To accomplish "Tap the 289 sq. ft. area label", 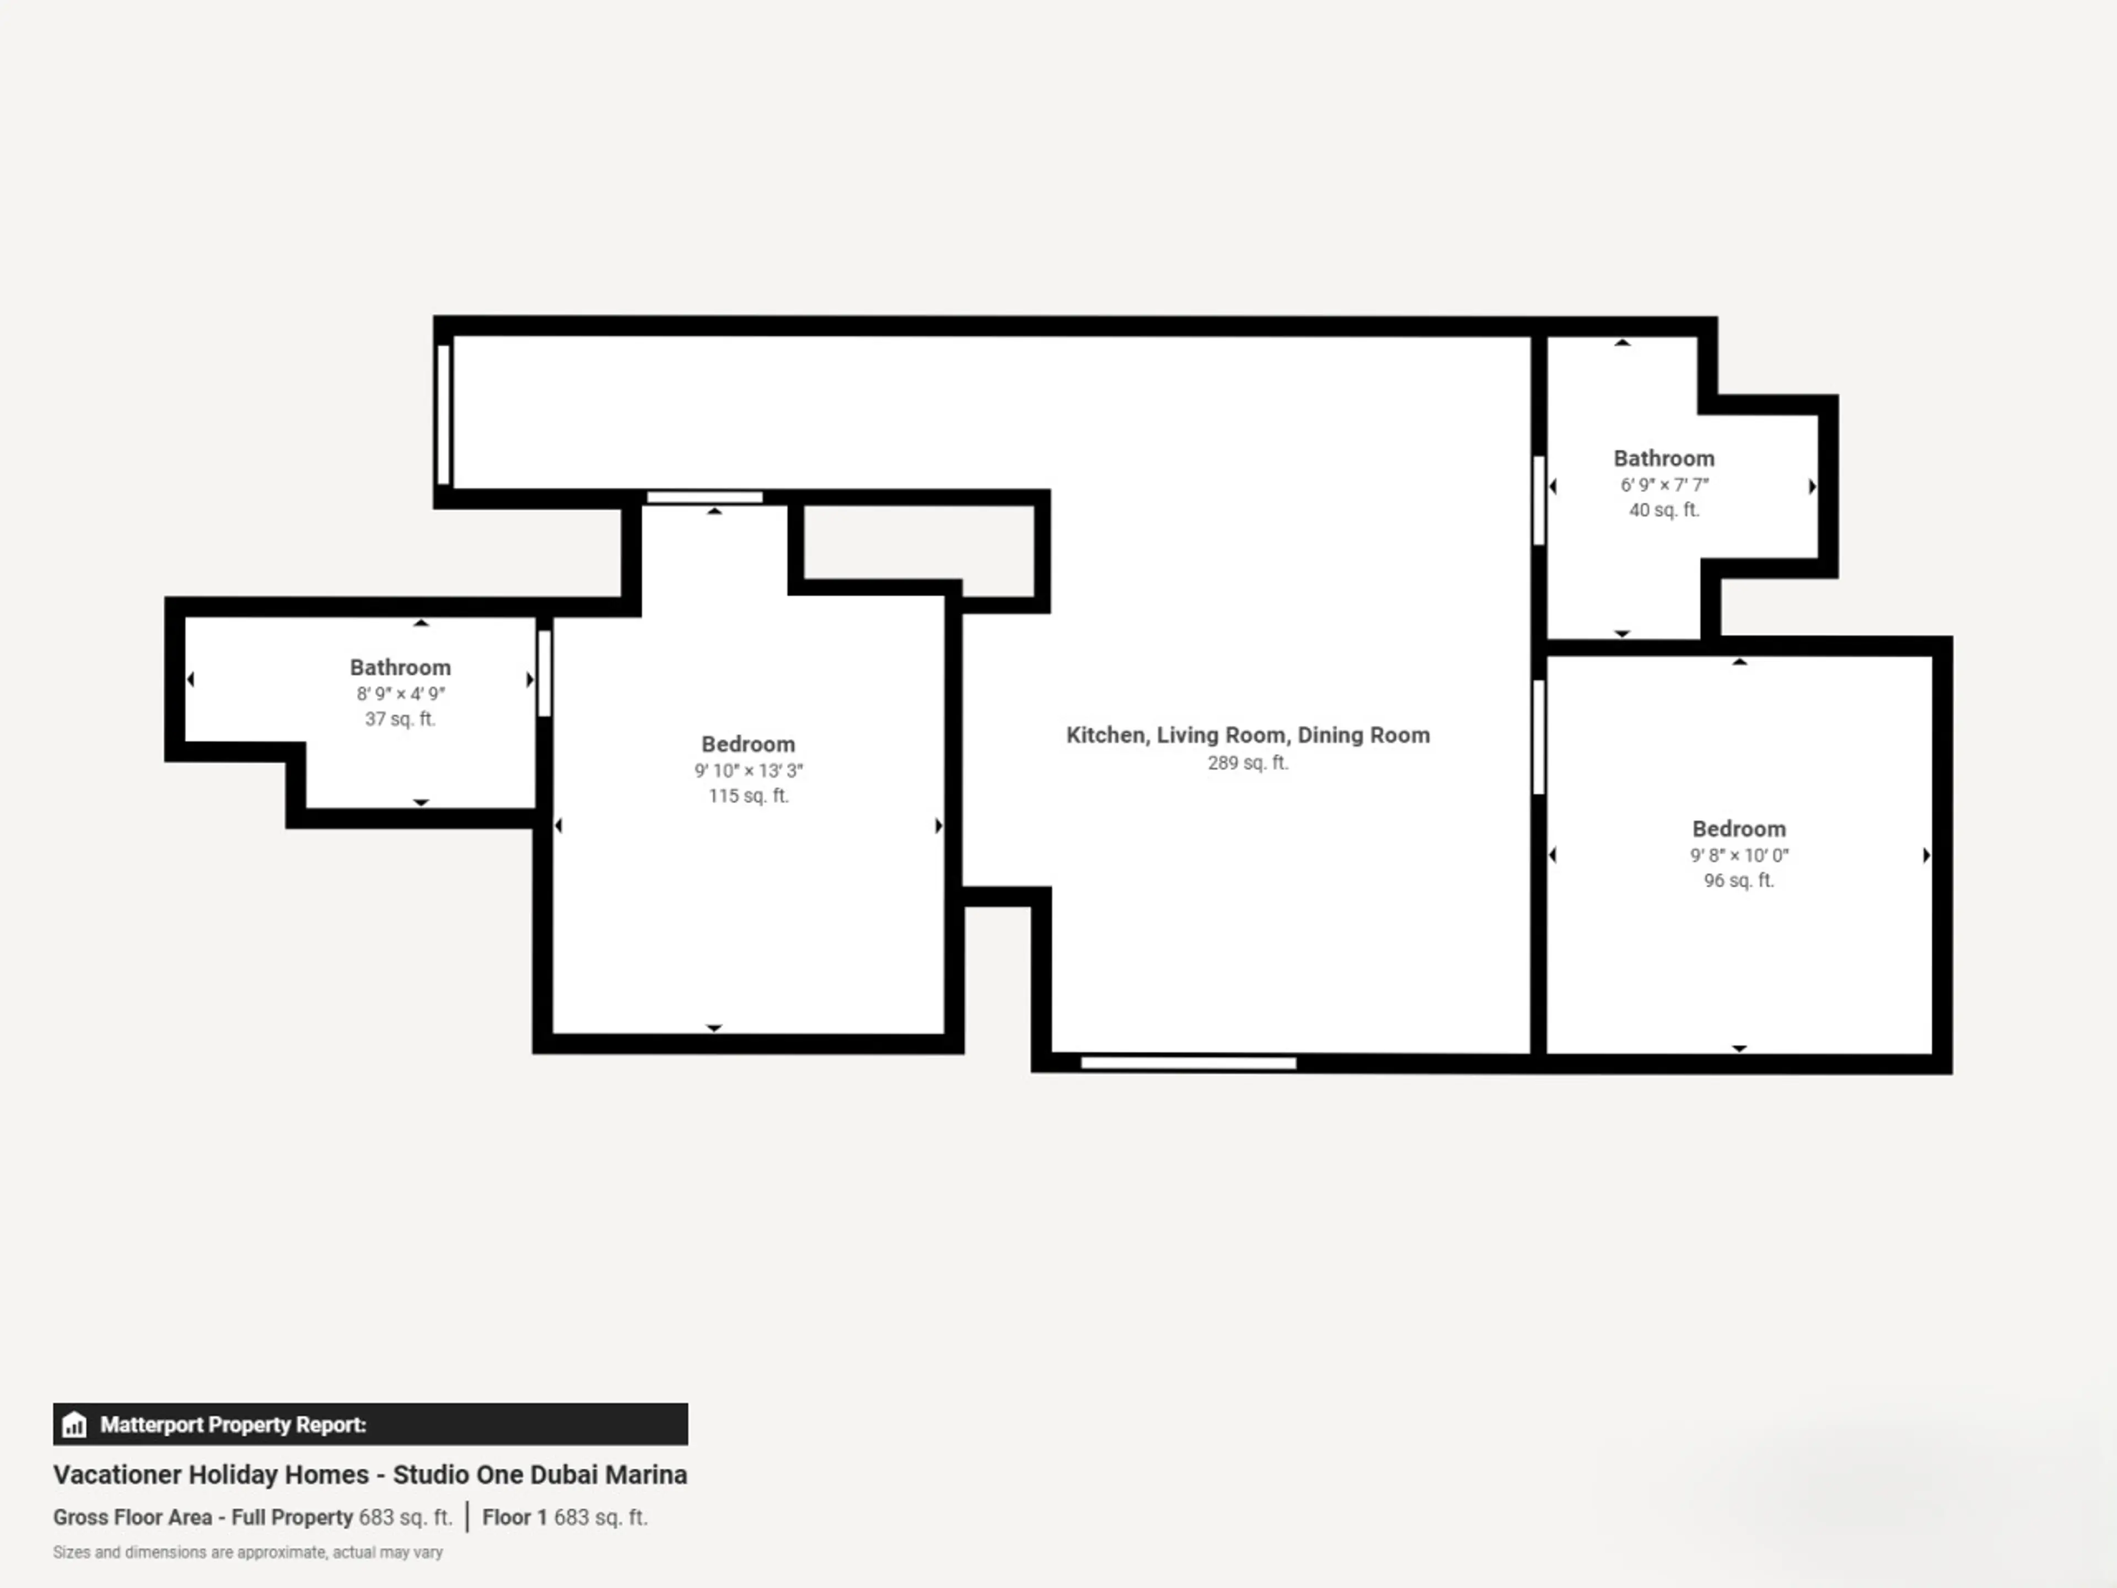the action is pyautogui.click(x=1248, y=763).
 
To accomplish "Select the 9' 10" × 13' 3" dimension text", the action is pyautogui.click(x=749, y=770).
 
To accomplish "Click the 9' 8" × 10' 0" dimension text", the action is pyautogui.click(x=1739, y=856).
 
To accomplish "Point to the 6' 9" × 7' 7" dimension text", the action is pyautogui.click(x=1664, y=485).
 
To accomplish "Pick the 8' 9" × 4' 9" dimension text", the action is pyautogui.click(x=400, y=694).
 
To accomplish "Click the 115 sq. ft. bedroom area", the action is pyautogui.click(x=749, y=796).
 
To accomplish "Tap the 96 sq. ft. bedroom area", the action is pyautogui.click(x=1739, y=881).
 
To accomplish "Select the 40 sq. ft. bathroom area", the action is pyautogui.click(x=1664, y=510).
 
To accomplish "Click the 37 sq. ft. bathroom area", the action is pyautogui.click(x=400, y=719).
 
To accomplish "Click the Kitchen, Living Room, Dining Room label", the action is pyautogui.click(x=1248, y=735).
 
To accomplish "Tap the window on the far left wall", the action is pyautogui.click(x=443, y=415).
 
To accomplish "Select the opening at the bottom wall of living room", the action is pyautogui.click(x=1189, y=1063).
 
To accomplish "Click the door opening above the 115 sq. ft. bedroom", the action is pyautogui.click(x=705, y=497).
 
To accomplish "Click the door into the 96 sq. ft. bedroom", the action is pyautogui.click(x=1539, y=737).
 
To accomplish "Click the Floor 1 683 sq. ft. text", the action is pyautogui.click(x=565, y=1517).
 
